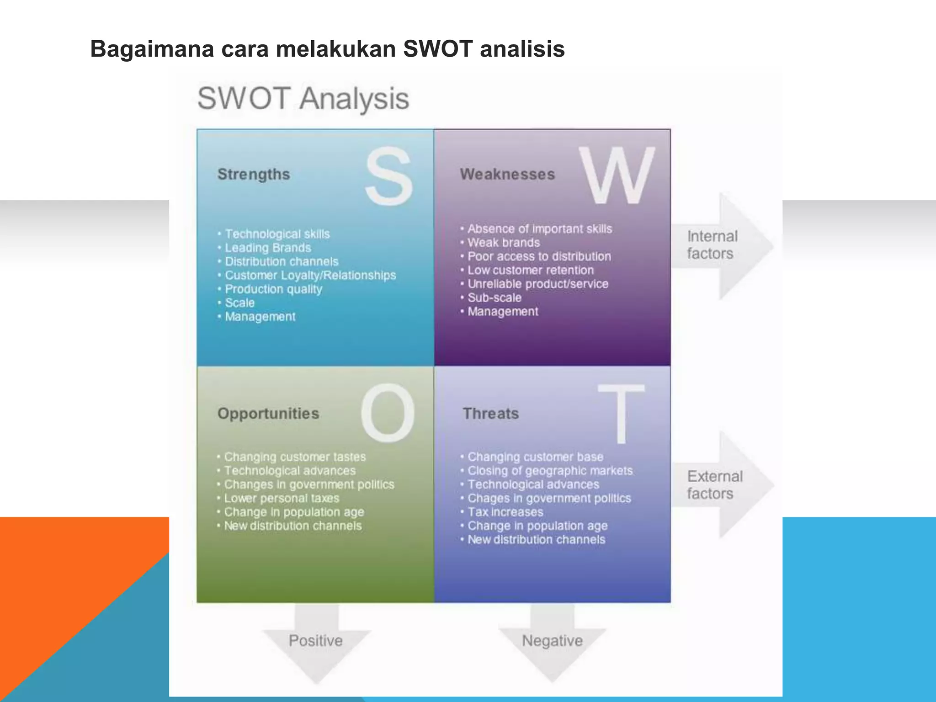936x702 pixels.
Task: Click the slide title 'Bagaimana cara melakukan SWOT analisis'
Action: point(327,49)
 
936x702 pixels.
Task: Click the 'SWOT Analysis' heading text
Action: point(303,99)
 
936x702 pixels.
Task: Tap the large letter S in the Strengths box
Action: point(389,176)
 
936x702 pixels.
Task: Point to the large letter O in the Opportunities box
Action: point(388,413)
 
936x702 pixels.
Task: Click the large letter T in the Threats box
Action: point(621,414)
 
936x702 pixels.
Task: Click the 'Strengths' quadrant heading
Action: point(254,174)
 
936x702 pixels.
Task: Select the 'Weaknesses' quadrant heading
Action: point(507,174)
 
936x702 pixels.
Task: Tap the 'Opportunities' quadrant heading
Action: point(268,414)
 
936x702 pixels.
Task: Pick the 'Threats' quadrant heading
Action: point(491,414)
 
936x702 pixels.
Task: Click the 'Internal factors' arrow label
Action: point(712,245)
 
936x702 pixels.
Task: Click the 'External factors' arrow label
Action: point(714,485)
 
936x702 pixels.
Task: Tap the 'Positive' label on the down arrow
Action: point(315,641)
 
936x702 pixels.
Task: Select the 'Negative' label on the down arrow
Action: point(552,641)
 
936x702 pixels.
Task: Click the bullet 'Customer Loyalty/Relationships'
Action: point(310,275)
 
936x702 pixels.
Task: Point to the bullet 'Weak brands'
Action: point(503,243)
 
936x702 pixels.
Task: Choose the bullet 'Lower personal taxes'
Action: point(282,498)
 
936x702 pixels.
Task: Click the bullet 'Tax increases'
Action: point(505,512)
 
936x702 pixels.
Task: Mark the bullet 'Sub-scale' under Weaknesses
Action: point(494,298)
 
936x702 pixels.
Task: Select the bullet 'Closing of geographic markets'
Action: point(550,471)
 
